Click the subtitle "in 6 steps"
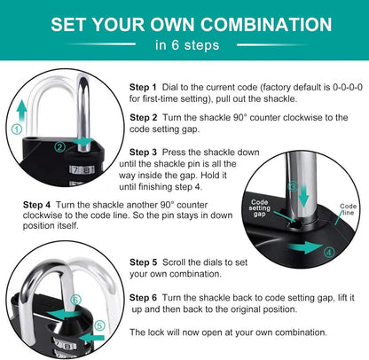click(x=187, y=45)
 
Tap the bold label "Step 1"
click(x=143, y=87)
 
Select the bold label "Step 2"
click(x=144, y=118)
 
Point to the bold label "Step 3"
click(x=143, y=153)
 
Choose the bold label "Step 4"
click(x=36, y=205)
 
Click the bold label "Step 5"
click(x=144, y=262)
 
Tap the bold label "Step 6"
click(x=143, y=298)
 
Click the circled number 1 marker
click(x=17, y=129)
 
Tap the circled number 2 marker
click(x=60, y=147)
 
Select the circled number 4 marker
click(x=329, y=252)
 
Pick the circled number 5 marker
click(x=99, y=325)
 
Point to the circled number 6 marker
click(x=75, y=301)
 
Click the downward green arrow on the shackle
click(x=303, y=195)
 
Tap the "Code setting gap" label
click(x=259, y=207)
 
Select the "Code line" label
click(x=348, y=209)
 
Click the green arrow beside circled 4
click(x=305, y=247)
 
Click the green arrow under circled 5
click(x=92, y=338)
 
